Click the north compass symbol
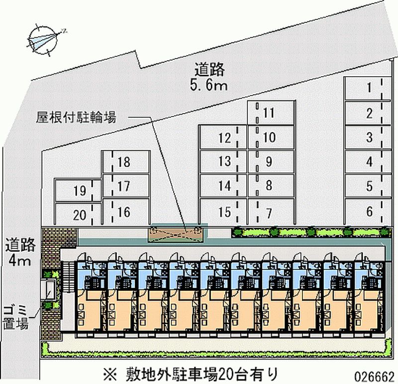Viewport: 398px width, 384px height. click(44, 39)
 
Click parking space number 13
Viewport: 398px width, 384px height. click(224, 161)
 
